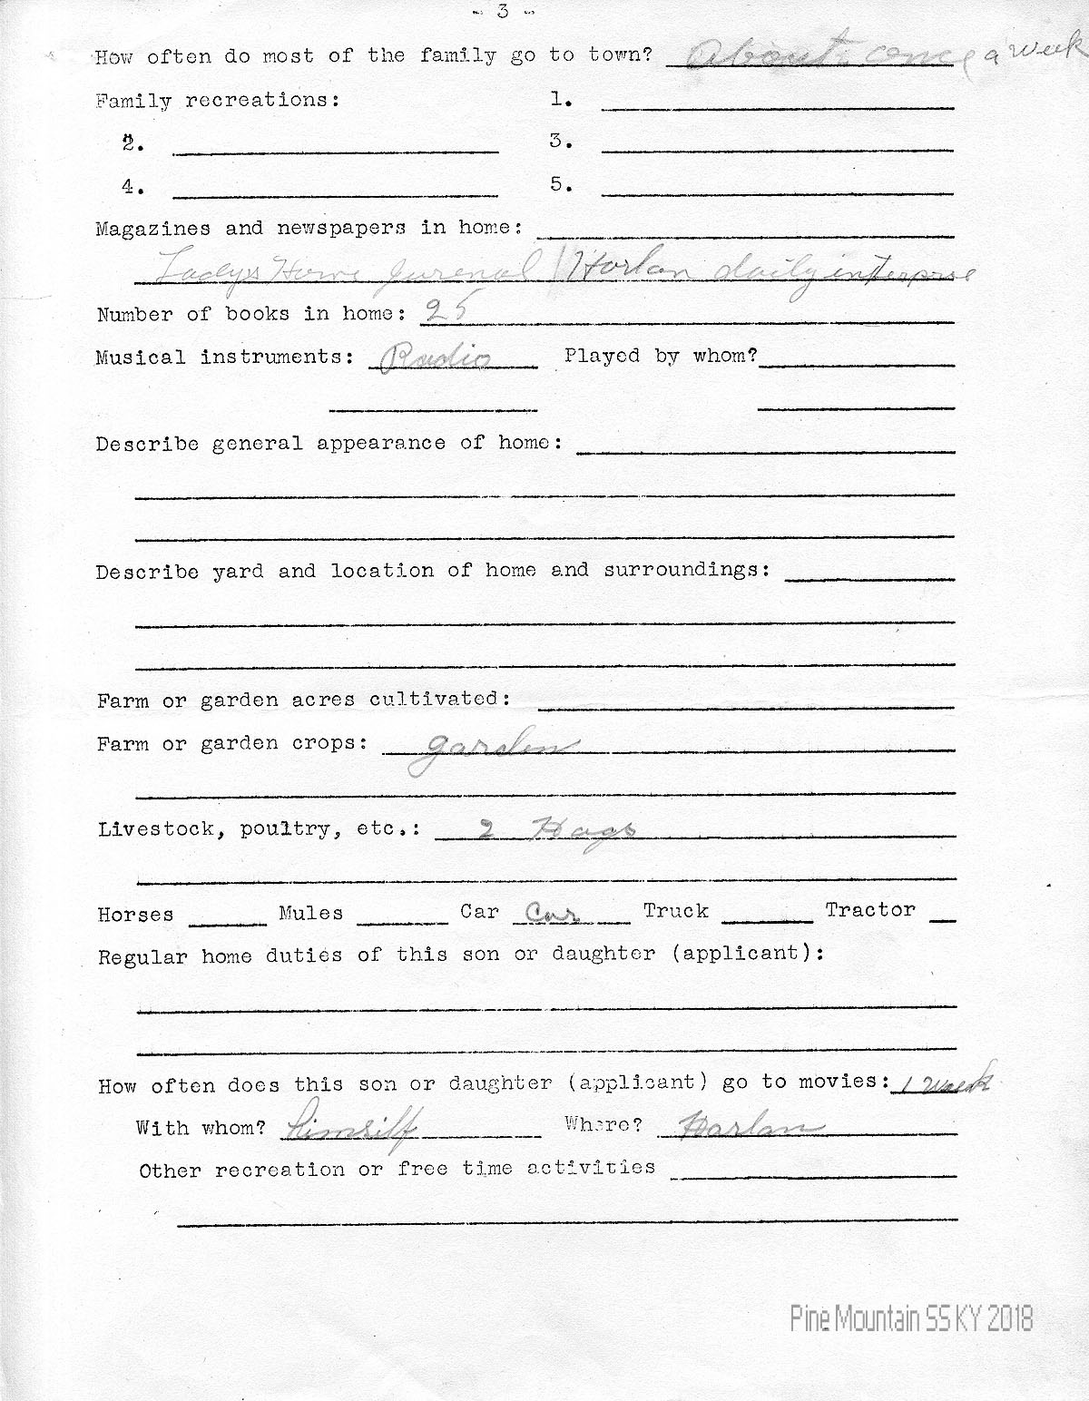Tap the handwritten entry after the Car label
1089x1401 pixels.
pyautogui.click(x=545, y=913)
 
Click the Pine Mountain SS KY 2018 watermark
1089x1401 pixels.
pyautogui.click(x=911, y=1318)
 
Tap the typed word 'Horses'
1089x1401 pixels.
pyautogui.click(x=135, y=915)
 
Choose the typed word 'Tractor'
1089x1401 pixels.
pyautogui.click(x=869, y=910)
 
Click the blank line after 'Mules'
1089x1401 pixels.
pyautogui.click(x=402, y=921)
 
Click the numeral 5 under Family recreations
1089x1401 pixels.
pyautogui.click(x=560, y=184)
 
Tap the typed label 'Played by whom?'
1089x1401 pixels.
pyautogui.click(x=660, y=356)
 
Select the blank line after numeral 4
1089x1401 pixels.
pyautogui.click(x=335, y=194)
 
